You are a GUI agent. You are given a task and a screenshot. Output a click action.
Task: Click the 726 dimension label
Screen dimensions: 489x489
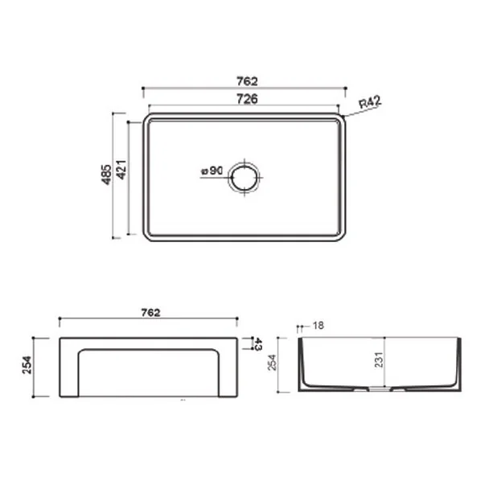pos(247,99)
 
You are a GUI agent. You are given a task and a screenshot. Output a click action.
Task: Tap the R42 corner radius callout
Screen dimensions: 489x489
pos(370,102)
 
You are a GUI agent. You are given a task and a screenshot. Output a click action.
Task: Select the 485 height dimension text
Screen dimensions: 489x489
pos(107,175)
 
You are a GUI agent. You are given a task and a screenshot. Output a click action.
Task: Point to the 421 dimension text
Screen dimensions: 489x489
pos(121,170)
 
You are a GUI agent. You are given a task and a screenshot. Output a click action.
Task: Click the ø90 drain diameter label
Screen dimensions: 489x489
pos(212,171)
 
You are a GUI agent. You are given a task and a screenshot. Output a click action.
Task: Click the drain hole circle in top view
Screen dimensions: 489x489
pos(245,166)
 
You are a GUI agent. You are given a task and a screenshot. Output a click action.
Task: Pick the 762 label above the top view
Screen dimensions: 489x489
pos(247,81)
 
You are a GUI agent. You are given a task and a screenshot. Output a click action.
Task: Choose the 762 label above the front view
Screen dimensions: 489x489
pos(150,312)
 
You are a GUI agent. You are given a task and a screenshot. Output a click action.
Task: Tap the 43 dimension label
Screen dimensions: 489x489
pos(258,343)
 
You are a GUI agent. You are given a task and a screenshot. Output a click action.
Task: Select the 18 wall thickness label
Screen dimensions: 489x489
pos(318,325)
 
